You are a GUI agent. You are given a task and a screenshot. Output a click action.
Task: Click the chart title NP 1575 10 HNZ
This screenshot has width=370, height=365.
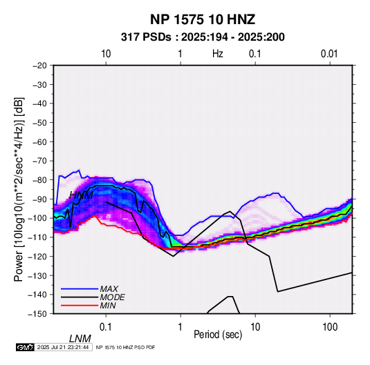[x=203, y=19]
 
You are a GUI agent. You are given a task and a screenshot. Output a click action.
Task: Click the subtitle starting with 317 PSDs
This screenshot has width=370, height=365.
[x=203, y=37]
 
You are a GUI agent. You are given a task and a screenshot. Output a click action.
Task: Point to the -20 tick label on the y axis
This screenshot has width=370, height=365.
[x=39, y=66]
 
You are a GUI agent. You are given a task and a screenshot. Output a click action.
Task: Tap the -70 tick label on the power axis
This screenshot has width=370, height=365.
[x=39, y=161]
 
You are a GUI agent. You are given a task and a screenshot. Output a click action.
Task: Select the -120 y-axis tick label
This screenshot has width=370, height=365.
[x=38, y=257]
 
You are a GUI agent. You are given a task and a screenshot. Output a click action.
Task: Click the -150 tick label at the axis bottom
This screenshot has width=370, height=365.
[x=38, y=314]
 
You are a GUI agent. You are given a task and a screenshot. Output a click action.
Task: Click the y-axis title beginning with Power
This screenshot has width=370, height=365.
[x=19, y=189]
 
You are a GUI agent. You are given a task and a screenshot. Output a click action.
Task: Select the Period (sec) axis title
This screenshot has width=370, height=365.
[x=218, y=335]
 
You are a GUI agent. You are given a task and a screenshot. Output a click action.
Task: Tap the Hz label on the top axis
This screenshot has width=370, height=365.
[x=218, y=54]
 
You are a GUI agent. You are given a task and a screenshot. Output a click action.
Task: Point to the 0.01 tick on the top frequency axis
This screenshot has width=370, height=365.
[x=329, y=54]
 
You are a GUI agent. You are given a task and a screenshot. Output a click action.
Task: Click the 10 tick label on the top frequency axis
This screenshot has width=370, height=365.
[x=106, y=54]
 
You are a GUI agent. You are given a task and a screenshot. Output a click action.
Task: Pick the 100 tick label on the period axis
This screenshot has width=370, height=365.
[x=330, y=327]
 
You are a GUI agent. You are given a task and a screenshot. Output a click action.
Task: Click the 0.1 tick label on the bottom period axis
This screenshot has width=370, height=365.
[x=106, y=327]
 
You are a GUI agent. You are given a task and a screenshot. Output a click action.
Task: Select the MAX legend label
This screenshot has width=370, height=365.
[x=109, y=289]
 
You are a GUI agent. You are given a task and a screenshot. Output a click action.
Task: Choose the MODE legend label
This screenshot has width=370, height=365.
[x=112, y=297]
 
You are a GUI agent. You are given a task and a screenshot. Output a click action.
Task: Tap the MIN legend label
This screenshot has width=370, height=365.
[x=108, y=306]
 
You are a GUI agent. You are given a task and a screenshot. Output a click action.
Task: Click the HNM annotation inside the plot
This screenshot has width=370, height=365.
[x=81, y=195]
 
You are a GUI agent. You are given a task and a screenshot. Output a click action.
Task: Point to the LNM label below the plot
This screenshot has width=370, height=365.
[x=80, y=339]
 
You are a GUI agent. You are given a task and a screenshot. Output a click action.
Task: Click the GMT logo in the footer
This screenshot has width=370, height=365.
[x=25, y=347]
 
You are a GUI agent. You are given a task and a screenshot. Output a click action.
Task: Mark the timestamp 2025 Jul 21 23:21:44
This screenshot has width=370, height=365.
[x=63, y=347]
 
